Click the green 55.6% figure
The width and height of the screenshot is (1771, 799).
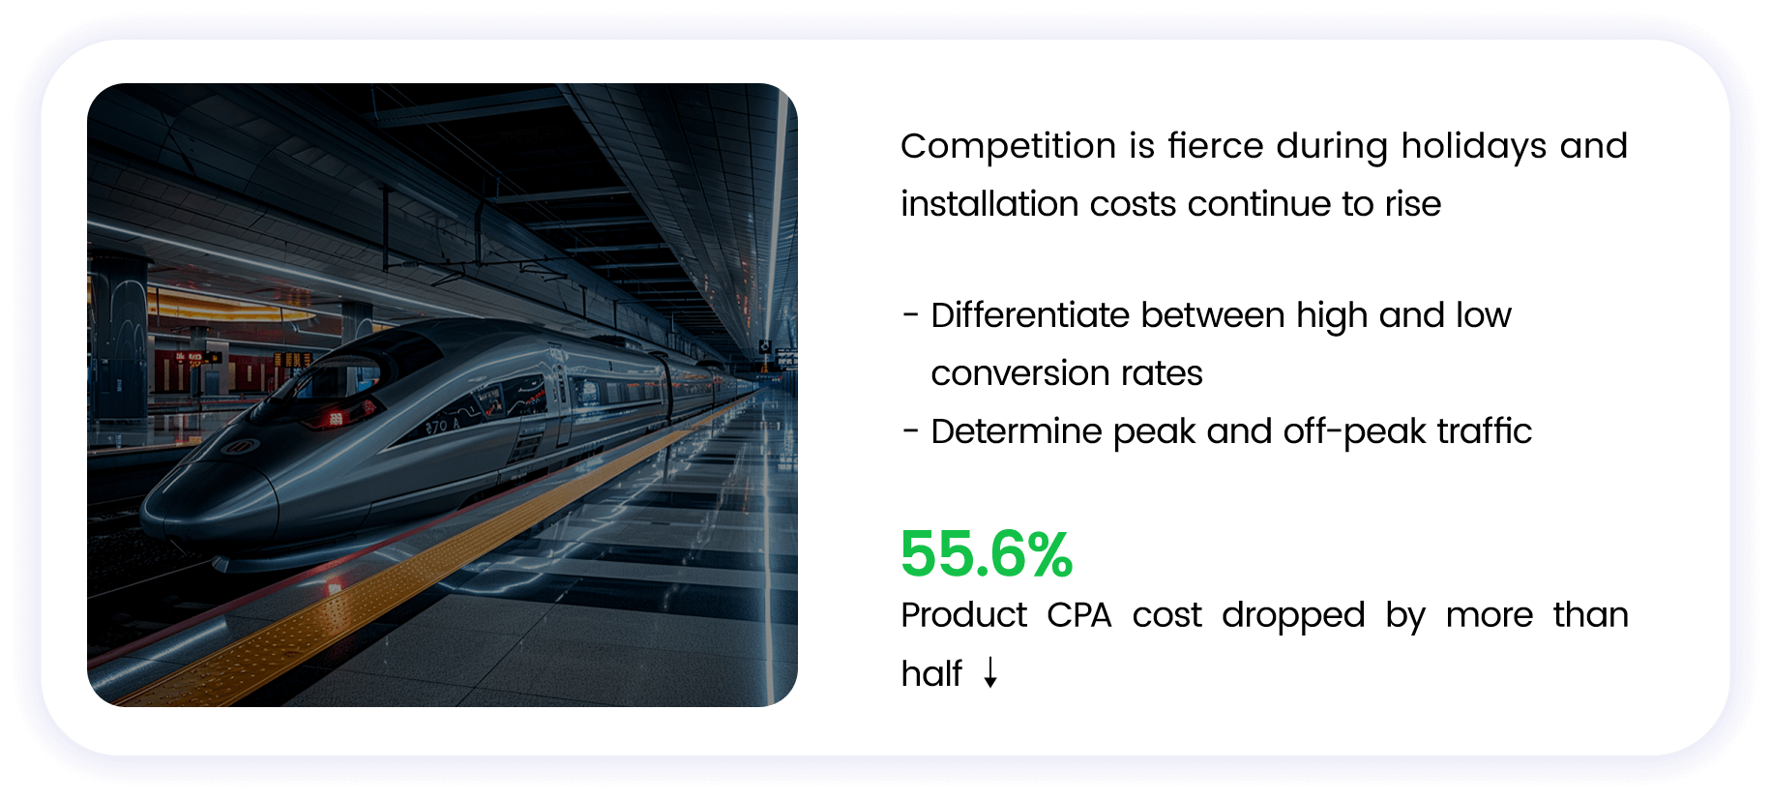click(x=987, y=554)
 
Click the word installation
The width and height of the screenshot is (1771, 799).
click(x=990, y=204)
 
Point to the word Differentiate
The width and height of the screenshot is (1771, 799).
click(x=1030, y=315)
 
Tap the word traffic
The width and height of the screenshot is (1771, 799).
click(x=1485, y=431)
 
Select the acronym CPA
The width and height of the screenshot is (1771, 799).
click(x=1079, y=615)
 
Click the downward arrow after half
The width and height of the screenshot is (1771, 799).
click(x=990, y=672)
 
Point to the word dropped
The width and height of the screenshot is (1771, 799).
click(x=1293, y=616)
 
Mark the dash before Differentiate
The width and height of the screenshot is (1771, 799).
click(x=910, y=315)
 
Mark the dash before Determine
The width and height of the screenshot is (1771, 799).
click(x=910, y=431)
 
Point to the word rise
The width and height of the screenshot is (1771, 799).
click(x=1413, y=204)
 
